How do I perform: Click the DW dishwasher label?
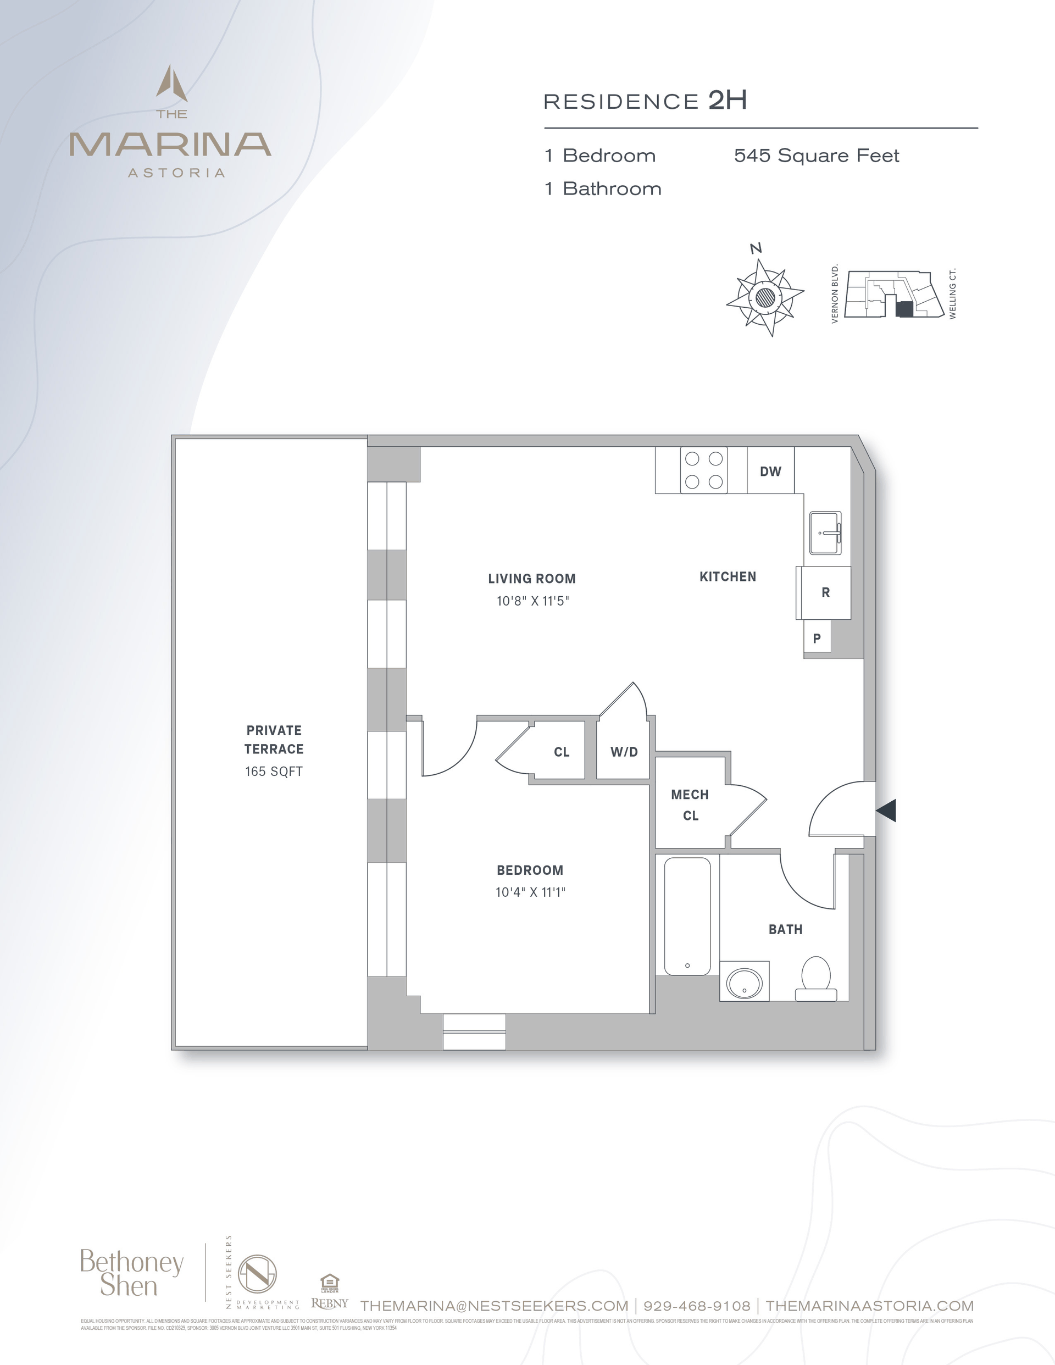tap(770, 471)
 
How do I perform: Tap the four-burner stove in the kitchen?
tap(704, 470)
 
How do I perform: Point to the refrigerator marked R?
tap(825, 592)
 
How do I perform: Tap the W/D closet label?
tap(624, 752)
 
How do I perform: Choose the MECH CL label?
tap(690, 805)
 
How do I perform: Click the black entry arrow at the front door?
tap(886, 810)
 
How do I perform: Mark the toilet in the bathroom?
tap(815, 979)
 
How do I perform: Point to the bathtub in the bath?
tap(687, 915)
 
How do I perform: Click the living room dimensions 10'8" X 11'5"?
tap(532, 601)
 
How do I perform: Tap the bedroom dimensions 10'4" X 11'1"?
tap(530, 892)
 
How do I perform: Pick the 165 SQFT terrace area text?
tap(274, 772)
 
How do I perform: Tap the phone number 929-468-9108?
tap(697, 1306)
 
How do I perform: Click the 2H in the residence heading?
tap(728, 100)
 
